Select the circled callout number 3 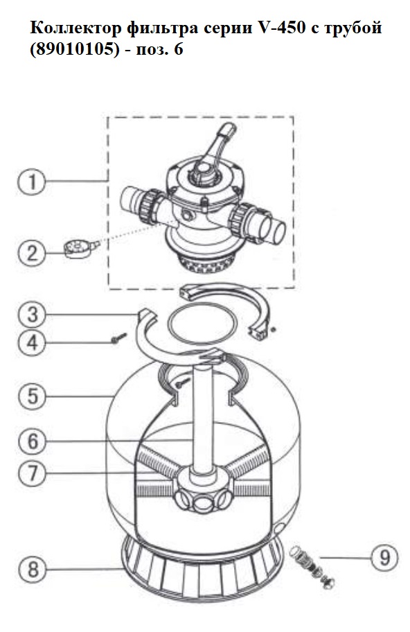point(33,315)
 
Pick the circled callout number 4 point(33,343)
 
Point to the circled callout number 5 point(33,396)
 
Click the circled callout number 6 point(33,441)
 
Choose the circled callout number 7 point(33,473)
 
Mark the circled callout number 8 point(33,569)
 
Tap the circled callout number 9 point(384,558)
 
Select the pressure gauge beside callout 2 point(80,249)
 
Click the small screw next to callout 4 point(118,338)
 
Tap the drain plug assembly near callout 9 point(312,566)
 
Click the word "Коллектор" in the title point(75,28)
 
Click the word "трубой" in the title point(352,29)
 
